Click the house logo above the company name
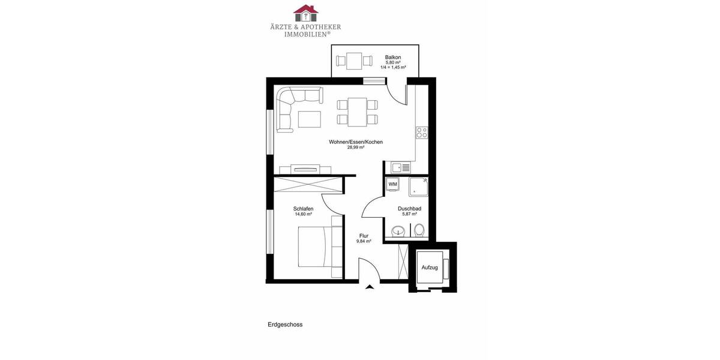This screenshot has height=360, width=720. point(306,13)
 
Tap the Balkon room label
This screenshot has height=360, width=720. point(393,57)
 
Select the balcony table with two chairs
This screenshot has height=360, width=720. point(354,60)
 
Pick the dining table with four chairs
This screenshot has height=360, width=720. point(358,112)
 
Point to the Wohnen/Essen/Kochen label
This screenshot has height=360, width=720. point(355,142)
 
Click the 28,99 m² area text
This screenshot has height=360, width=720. point(355,148)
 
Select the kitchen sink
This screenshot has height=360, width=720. point(397,168)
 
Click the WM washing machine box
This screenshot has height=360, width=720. point(393,184)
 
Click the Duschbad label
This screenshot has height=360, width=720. point(409,208)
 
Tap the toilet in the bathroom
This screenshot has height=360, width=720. point(419,230)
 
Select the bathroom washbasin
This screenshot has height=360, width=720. point(398,231)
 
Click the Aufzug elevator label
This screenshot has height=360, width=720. point(430,267)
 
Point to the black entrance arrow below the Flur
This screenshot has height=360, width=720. point(370,287)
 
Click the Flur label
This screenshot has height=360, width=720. point(364,236)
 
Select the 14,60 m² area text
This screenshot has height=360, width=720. point(303,214)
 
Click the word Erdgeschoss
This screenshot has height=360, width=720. point(285,325)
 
